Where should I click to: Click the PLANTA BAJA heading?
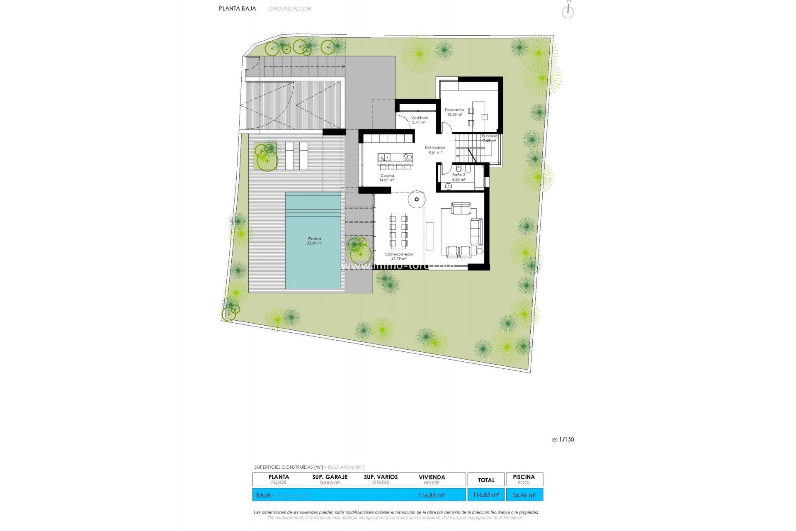238,8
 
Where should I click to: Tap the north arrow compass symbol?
568,11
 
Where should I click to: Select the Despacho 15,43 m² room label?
454,112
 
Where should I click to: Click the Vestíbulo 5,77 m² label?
419,120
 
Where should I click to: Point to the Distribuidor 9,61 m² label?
435,150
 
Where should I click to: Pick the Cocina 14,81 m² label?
387,178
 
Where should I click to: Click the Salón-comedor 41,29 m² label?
399,256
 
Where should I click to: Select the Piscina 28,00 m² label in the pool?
314,241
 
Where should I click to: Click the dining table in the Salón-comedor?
398,231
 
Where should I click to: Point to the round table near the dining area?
416,200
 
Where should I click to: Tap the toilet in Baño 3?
459,169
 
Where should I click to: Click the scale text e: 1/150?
563,439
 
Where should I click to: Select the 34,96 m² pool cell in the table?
524,495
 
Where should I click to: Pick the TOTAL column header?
486,480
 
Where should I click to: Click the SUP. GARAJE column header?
330,479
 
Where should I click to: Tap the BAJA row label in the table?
264,495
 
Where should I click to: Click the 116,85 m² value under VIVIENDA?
432,495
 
